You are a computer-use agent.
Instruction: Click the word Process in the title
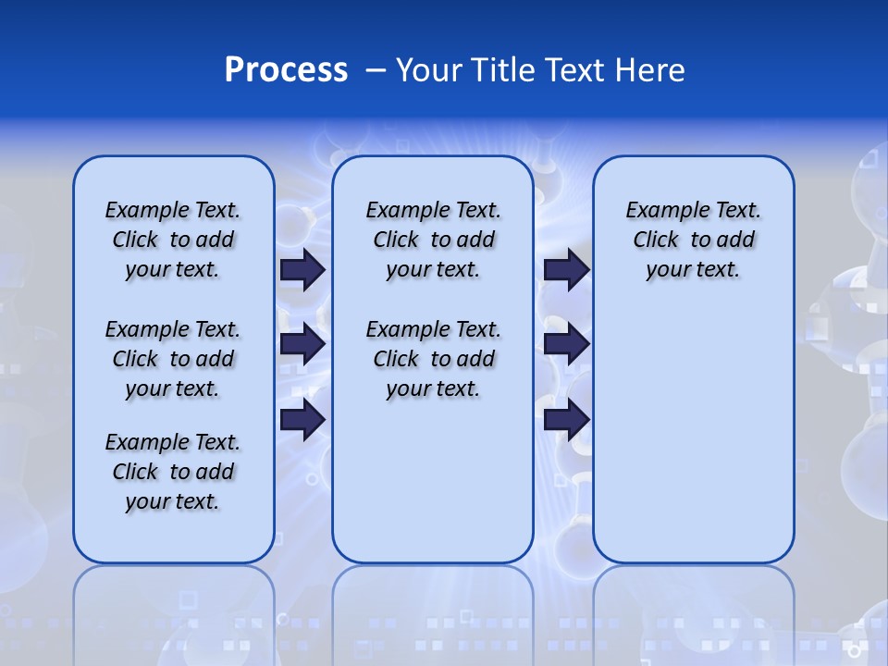coord(286,70)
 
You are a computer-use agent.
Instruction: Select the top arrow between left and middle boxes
coord(302,270)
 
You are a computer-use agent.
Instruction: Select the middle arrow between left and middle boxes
coord(302,345)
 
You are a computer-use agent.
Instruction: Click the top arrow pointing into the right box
coord(566,270)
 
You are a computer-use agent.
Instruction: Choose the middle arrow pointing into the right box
coord(566,345)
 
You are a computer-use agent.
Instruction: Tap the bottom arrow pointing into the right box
coord(566,420)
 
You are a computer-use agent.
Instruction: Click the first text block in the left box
coord(173,240)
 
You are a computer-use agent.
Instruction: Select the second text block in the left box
coord(173,359)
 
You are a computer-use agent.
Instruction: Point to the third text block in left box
coord(173,472)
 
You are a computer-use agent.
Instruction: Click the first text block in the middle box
coord(433,240)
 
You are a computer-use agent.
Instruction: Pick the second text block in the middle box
coord(433,359)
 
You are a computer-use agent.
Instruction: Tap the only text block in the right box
coord(693,240)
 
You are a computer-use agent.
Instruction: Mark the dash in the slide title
coord(376,70)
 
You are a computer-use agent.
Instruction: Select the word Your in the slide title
coord(428,70)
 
